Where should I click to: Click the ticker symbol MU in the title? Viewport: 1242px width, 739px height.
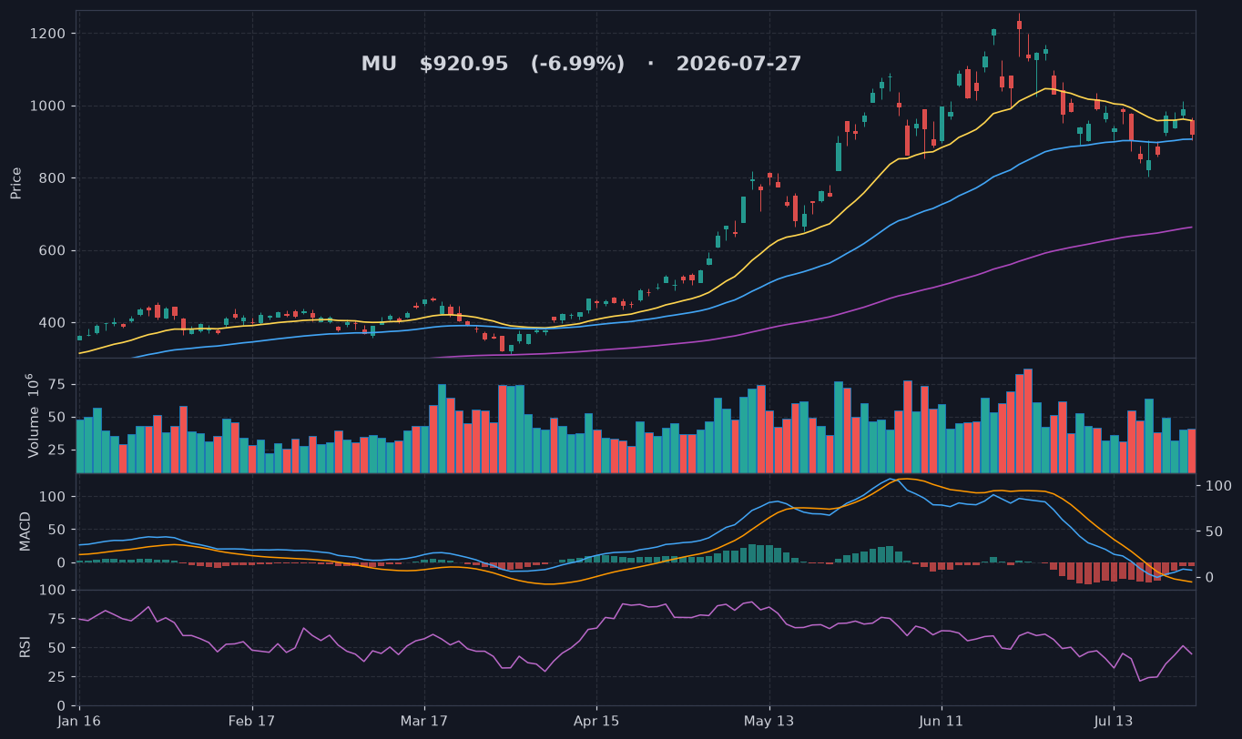pos(379,64)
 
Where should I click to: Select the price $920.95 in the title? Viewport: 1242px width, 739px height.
pos(463,64)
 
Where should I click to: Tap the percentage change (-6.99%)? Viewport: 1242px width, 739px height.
pos(578,64)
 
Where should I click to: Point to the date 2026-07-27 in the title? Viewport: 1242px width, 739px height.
pos(738,64)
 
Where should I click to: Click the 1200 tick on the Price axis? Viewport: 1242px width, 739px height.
pos(47,34)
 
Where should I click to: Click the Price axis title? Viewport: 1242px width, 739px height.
pos(15,184)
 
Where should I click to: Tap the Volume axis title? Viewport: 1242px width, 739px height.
pos(34,416)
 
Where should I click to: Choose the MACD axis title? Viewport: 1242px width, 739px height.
pos(25,532)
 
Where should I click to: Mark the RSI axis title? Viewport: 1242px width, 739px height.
pos(25,647)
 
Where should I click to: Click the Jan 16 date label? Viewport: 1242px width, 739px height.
pos(79,722)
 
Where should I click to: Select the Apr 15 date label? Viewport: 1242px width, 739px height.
pos(596,722)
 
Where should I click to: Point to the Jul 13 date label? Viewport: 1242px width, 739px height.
pos(1114,722)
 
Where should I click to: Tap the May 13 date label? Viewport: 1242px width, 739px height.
pos(769,722)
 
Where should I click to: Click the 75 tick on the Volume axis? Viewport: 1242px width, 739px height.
pos(57,385)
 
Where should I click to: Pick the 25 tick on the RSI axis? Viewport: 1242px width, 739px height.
pos(57,677)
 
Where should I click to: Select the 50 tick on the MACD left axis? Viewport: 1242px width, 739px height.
pos(57,530)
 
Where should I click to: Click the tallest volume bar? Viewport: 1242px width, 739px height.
pos(1028,420)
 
